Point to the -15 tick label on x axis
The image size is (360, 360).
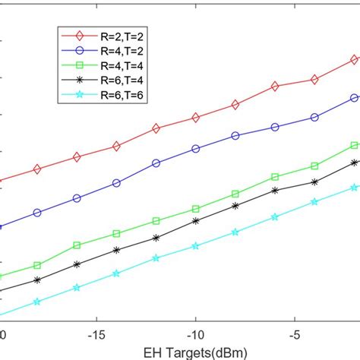[96, 334]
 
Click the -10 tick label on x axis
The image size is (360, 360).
[196, 334]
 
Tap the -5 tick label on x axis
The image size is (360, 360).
[295, 334]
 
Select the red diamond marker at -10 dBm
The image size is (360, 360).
[196, 118]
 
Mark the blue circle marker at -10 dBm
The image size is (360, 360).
[196, 149]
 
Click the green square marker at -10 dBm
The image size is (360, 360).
[196, 209]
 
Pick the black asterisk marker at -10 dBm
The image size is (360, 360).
[196, 221]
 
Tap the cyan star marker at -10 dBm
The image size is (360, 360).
[196, 246]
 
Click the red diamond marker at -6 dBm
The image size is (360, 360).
[275, 87]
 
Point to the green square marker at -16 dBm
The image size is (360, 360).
[77, 245]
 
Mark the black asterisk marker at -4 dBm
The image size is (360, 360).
[314, 182]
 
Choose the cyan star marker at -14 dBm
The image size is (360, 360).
[116, 273]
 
